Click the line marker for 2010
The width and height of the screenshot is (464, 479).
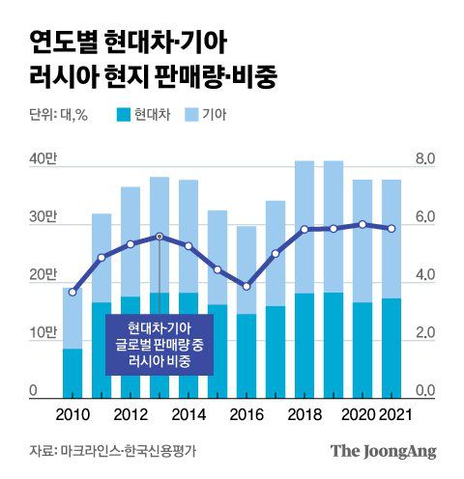72,292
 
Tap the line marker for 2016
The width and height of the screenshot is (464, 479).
246,287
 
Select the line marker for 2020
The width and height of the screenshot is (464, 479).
362,224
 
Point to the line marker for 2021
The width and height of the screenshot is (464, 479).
391,229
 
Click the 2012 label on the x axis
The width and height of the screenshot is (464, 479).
130,415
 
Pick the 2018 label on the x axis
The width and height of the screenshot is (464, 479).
304,415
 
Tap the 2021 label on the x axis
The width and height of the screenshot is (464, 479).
391,415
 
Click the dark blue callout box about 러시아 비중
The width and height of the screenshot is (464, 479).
159,345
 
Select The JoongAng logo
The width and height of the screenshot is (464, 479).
384,451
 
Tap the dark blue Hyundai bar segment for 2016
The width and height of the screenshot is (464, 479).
246,355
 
